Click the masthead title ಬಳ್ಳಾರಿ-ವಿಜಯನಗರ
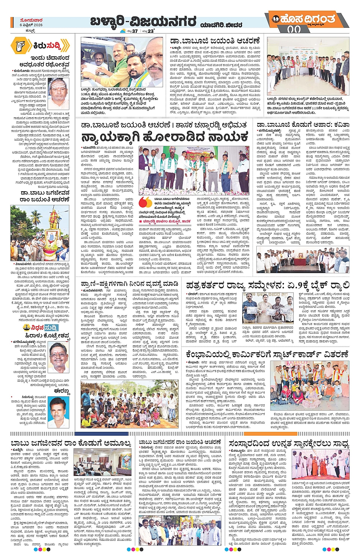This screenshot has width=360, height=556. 143,22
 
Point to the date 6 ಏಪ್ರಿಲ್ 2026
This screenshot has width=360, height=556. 31,25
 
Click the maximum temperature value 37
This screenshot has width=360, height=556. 134,31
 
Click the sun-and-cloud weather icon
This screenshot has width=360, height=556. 123,31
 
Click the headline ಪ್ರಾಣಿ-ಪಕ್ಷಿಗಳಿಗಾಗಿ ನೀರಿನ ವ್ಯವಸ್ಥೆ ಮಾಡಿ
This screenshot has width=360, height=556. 130,284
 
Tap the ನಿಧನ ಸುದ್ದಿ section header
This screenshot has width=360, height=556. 40,328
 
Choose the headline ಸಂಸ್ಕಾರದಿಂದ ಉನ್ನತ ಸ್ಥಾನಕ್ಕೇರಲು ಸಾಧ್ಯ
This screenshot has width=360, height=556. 289,444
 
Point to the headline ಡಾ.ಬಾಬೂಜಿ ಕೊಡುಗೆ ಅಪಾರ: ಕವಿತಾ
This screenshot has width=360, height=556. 303,125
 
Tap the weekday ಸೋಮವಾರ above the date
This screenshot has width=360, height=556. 31,20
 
